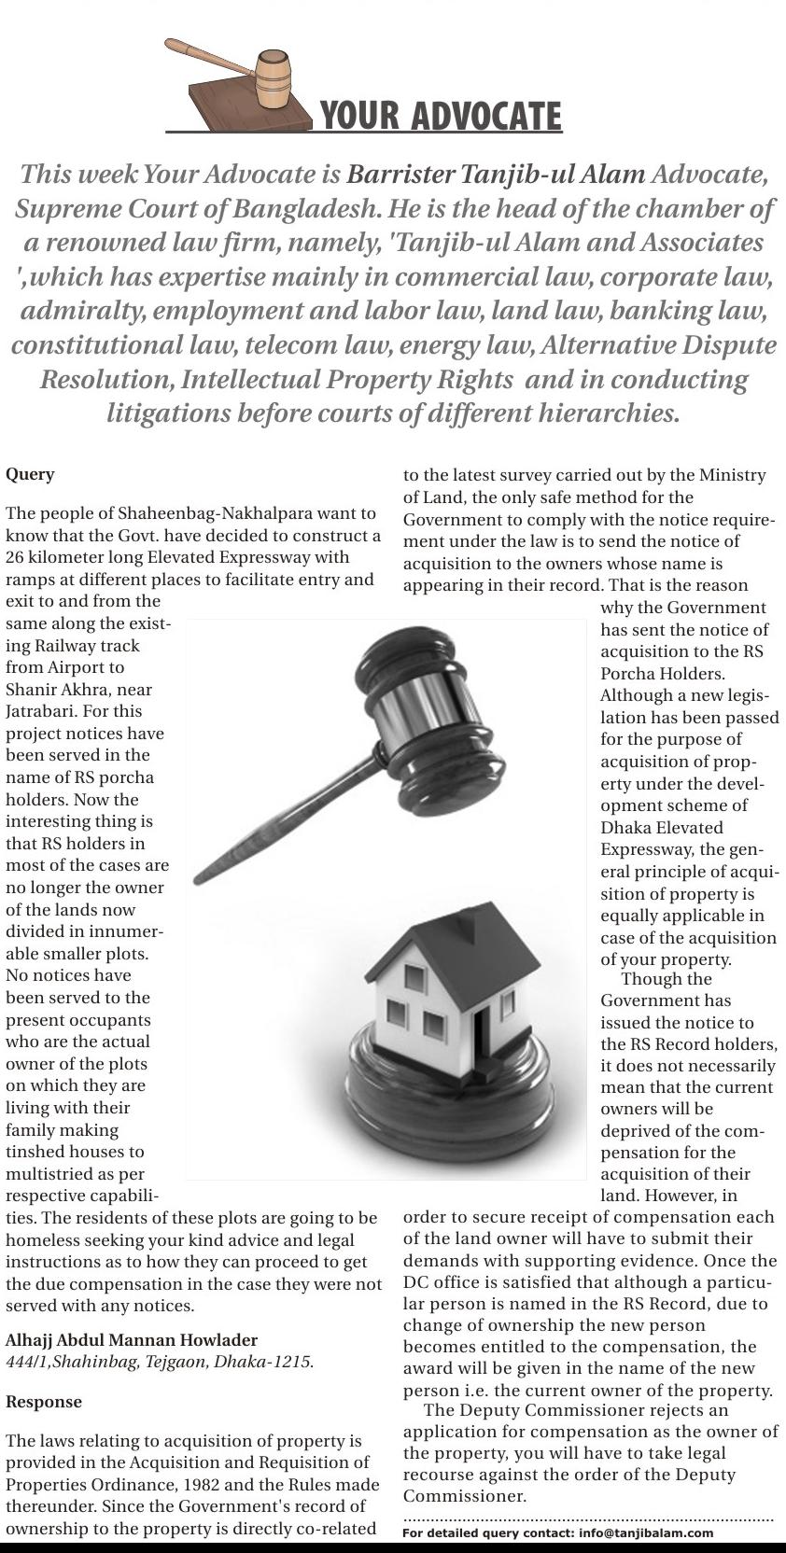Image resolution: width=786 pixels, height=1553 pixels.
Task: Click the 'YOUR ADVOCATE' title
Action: (441, 117)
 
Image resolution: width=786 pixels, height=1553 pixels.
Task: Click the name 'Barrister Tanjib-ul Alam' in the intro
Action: (496, 175)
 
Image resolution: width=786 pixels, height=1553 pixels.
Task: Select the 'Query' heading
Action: (30, 474)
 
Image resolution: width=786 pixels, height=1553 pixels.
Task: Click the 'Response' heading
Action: (44, 1402)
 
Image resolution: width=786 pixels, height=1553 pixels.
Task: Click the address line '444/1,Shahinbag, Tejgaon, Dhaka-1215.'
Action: (160, 1362)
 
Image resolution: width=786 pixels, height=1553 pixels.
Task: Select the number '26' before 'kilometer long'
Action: (15, 557)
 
